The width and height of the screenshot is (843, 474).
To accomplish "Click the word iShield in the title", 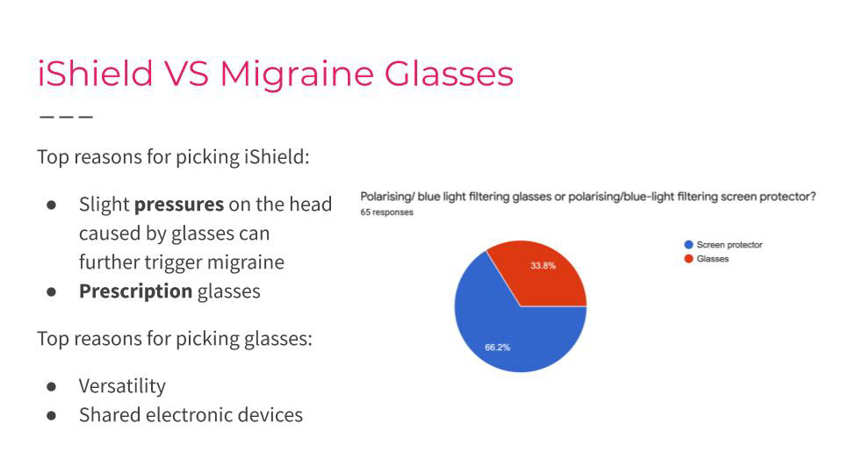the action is pyautogui.click(x=96, y=73).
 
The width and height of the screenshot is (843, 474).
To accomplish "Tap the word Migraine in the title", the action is pyautogui.click(x=297, y=74).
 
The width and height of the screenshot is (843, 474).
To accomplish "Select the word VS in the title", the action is pyautogui.click(x=186, y=73).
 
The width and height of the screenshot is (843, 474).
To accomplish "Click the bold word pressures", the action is pyautogui.click(x=179, y=205).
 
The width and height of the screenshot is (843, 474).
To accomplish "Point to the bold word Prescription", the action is pyautogui.click(x=135, y=291).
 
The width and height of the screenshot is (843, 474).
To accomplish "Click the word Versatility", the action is pyautogui.click(x=123, y=386).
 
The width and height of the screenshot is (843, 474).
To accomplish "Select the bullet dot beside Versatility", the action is pyautogui.click(x=52, y=386).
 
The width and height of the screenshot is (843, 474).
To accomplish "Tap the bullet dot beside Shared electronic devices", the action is pyautogui.click(x=52, y=415).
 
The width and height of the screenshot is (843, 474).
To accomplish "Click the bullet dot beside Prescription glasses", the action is pyautogui.click(x=52, y=291).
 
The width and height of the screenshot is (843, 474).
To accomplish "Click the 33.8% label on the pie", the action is pyautogui.click(x=543, y=265).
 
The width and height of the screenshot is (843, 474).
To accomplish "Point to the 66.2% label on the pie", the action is pyautogui.click(x=497, y=348).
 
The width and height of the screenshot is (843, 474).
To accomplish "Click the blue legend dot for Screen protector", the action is pyautogui.click(x=688, y=245).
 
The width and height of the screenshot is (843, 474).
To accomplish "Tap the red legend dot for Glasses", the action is pyautogui.click(x=688, y=258).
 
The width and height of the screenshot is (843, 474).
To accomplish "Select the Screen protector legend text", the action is pyautogui.click(x=730, y=245).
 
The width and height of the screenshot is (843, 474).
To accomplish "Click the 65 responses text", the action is pyautogui.click(x=387, y=212).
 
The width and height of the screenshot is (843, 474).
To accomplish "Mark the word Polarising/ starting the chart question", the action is pyautogui.click(x=387, y=197).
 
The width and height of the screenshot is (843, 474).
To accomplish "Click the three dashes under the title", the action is pyautogui.click(x=66, y=116).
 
